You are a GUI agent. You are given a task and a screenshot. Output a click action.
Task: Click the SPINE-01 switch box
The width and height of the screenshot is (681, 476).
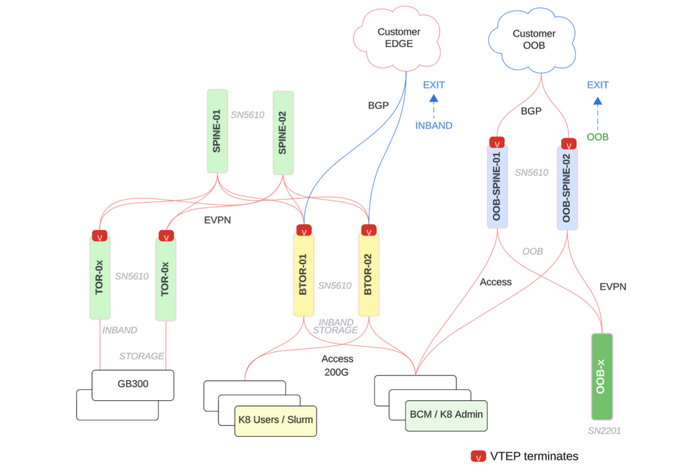pos(217,131)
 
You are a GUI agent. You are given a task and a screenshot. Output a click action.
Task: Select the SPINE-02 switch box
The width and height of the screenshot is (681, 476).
pos(283,133)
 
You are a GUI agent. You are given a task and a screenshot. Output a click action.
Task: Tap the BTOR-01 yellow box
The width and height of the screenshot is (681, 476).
pos(304,274)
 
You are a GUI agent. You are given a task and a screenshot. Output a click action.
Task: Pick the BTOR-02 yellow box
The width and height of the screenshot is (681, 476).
pos(369,274)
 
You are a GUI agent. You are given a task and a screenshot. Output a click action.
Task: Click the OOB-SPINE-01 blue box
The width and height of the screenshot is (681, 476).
pos(497,186)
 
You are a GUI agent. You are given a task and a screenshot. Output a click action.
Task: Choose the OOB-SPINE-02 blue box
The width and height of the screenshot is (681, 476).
pos(567,188)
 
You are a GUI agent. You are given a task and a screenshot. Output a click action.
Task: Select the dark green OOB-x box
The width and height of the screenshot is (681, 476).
pos(602,376)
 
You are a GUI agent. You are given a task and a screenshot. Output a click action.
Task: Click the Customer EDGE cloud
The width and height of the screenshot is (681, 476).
pos(399,38)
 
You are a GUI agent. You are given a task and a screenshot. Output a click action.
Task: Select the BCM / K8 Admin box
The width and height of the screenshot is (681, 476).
pos(446,415)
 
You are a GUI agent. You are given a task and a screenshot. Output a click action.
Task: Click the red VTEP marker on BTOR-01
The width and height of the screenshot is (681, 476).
pos(304,230)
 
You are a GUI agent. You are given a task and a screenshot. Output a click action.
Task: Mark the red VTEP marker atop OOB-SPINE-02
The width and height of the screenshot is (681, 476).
pos(569,144)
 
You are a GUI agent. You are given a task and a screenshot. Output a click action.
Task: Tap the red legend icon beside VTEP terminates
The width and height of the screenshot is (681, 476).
pos(478,456)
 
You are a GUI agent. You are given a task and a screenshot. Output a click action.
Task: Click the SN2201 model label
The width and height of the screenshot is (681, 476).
pos(604,431)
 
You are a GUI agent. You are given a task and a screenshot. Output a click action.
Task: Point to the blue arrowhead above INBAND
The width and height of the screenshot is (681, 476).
pos(434,99)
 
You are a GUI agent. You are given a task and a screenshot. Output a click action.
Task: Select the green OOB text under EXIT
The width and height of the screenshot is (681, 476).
pos(597,137)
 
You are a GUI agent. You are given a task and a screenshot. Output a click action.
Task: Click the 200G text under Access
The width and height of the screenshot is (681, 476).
pos(336,372)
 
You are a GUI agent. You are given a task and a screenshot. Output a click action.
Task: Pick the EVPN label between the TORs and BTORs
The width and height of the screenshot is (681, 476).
pos(217,220)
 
